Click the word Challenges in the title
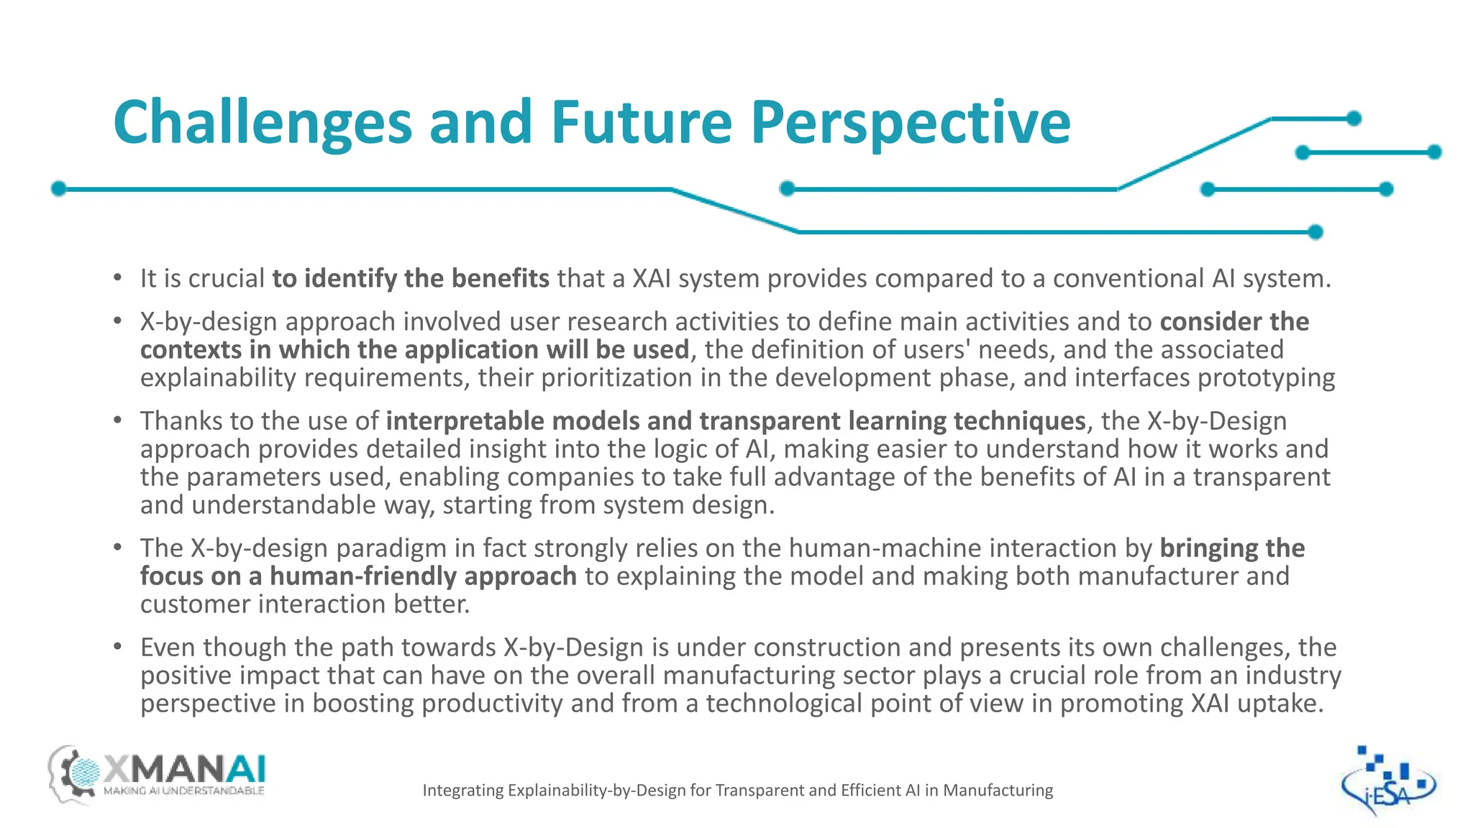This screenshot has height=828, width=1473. point(262,122)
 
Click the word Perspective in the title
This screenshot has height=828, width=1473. point(911,122)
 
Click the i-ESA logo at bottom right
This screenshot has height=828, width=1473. point(1387,782)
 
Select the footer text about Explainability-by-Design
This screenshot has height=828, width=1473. point(737,791)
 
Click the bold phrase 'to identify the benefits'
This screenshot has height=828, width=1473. point(410,278)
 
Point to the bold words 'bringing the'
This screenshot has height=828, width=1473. point(1232,548)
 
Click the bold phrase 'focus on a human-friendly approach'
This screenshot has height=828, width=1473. point(357,576)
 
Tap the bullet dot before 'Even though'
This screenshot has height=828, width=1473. point(117,646)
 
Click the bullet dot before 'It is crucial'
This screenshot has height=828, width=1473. point(117,277)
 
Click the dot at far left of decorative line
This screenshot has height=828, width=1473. point(59,189)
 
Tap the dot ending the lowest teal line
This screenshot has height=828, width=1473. point(1315,232)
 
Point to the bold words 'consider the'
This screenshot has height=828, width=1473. point(1234,322)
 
